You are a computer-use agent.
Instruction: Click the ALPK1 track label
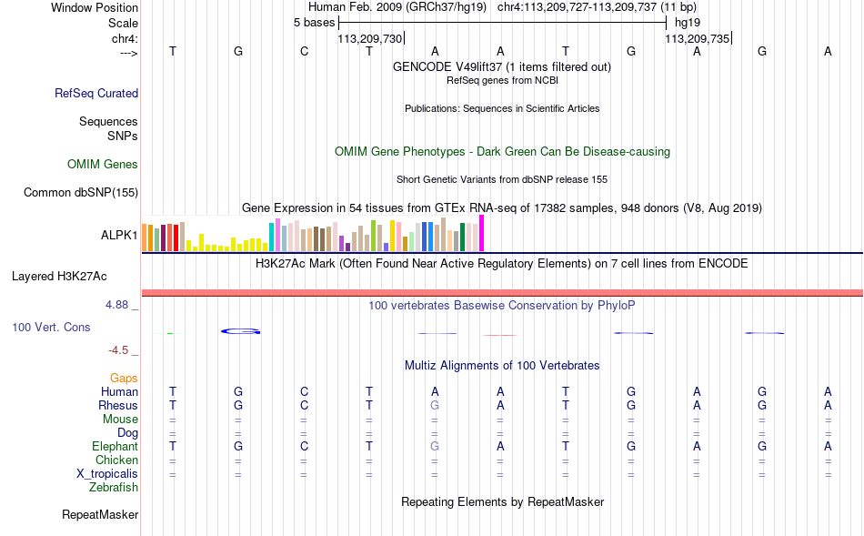(119, 236)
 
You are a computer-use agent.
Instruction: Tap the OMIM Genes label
(103, 165)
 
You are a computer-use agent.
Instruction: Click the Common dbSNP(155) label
(81, 192)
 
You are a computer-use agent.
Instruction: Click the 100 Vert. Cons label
(51, 327)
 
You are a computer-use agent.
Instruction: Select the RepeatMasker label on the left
(100, 515)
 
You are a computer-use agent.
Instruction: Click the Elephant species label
(115, 446)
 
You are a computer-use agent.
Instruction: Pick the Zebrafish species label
(114, 487)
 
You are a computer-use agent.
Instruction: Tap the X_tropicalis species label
(107, 473)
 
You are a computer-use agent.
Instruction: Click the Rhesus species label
(118, 405)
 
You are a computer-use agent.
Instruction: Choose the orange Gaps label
(124, 378)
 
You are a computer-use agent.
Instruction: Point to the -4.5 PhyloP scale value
(119, 350)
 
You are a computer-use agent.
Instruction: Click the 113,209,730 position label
(369, 39)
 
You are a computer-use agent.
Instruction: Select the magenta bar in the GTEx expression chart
(482, 233)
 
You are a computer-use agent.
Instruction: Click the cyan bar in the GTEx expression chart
(271, 236)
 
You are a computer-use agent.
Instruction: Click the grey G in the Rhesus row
(435, 405)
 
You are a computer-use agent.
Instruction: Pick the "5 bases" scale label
(314, 22)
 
